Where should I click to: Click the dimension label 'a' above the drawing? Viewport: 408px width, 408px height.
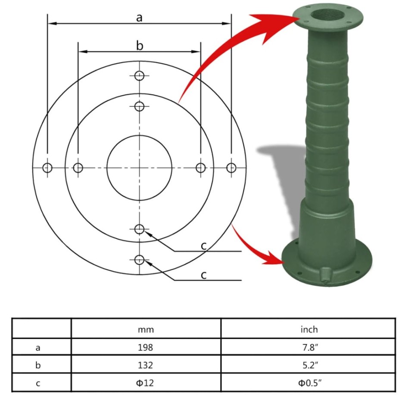pos(139,18)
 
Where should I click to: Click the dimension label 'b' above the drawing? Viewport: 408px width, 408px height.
pos(139,46)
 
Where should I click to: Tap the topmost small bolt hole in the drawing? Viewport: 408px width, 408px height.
pos(139,76)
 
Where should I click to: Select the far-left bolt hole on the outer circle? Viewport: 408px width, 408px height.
pos(47,168)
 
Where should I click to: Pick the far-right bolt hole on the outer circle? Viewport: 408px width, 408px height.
pos(232,168)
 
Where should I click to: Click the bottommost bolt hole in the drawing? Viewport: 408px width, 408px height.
pos(139,260)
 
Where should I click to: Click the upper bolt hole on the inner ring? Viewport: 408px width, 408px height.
pos(139,106)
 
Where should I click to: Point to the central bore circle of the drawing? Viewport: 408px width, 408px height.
pos(139,168)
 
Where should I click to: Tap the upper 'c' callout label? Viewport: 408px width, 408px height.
pos(204,246)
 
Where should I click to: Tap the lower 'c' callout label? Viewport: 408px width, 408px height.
pos(204,275)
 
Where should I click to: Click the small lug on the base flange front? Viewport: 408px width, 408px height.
pos(326,274)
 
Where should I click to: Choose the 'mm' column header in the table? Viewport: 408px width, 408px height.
pos(146,330)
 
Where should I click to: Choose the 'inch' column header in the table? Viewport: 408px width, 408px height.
pos(308,330)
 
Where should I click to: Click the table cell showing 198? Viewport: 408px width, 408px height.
pos(146,347)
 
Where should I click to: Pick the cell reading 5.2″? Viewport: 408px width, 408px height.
pos(308,365)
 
